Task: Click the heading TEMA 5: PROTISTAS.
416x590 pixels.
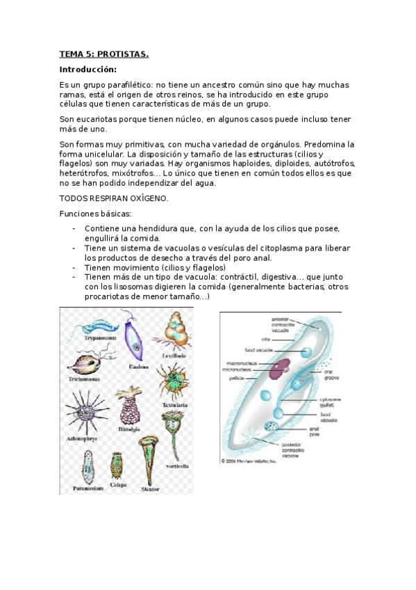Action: coord(104,54)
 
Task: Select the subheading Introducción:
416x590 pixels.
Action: coord(88,70)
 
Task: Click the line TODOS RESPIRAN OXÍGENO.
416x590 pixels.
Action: coord(114,198)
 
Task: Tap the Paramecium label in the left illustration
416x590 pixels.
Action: coord(89,488)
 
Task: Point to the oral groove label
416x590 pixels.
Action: coord(333,374)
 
